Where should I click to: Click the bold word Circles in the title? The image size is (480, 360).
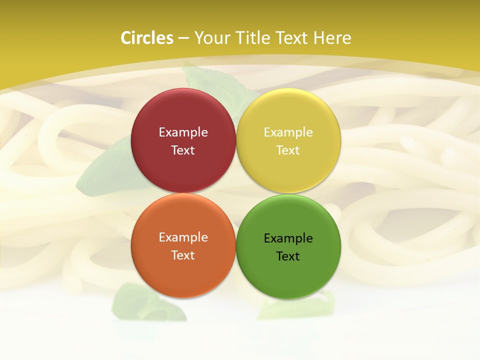tap(147, 38)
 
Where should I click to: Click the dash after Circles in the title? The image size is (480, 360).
tap(183, 38)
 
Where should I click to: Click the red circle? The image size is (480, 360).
tap(183, 115)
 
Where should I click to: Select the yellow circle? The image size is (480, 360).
tap(288, 115)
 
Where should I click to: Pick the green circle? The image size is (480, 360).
tap(288, 272)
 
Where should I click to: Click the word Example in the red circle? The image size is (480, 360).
tap(183, 132)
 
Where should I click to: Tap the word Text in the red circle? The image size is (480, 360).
tap(183, 150)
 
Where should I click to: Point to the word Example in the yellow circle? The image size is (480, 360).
tap(288, 132)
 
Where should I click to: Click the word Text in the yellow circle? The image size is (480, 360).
tap(288, 150)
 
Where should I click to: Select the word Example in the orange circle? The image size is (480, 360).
tap(183, 237)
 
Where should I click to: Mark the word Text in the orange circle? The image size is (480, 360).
tap(183, 255)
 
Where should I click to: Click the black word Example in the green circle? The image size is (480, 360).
tap(288, 238)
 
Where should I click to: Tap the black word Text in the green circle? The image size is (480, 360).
tap(288, 256)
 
